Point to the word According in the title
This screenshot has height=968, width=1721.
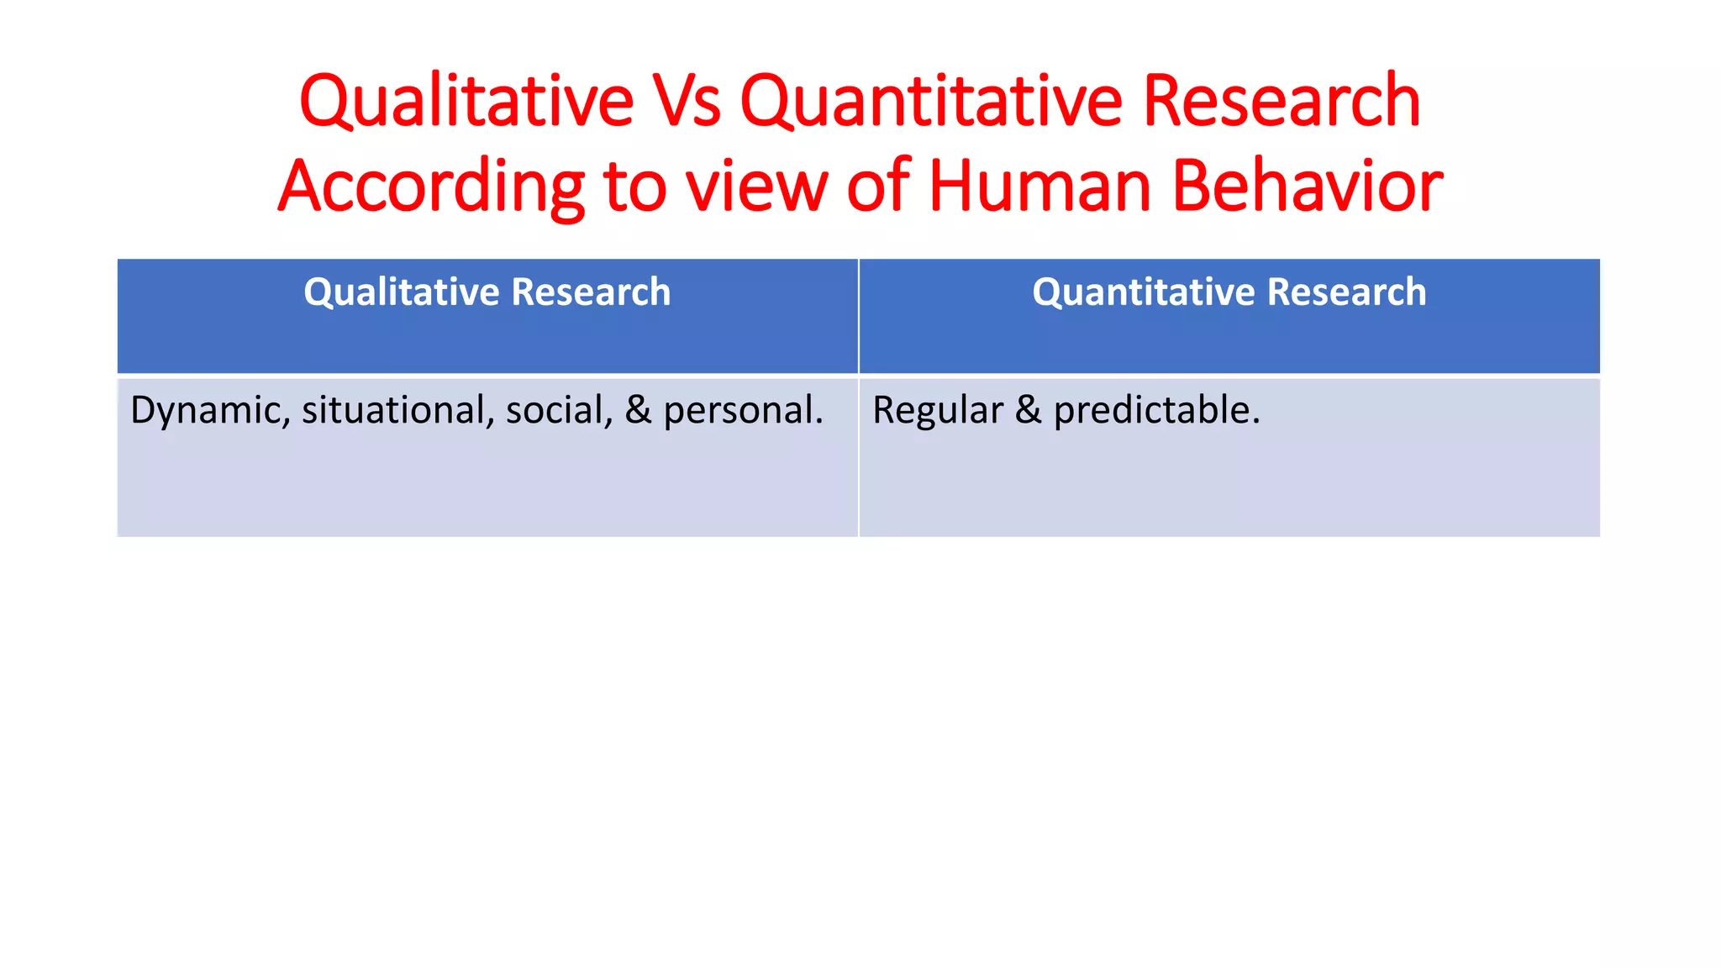click(431, 187)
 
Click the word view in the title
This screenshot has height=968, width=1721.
click(756, 187)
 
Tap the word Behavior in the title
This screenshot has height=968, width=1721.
click(1307, 187)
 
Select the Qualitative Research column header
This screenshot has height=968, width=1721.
click(487, 292)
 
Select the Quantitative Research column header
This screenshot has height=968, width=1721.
click(1229, 292)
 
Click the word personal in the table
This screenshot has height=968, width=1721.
click(743, 411)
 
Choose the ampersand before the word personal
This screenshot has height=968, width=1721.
click(638, 411)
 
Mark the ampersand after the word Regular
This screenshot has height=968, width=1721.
click(1029, 411)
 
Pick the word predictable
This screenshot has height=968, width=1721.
click(1156, 411)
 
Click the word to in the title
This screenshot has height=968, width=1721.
click(634, 187)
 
